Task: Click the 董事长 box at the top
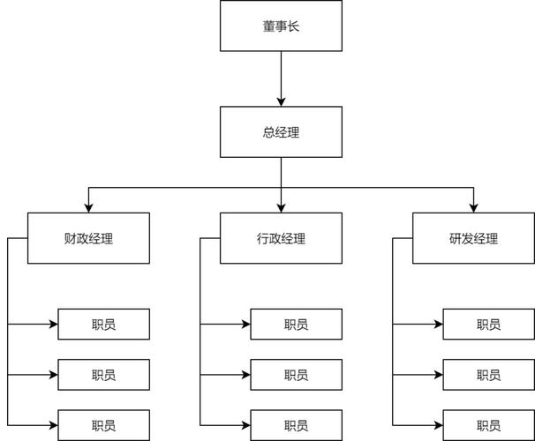[x=281, y=26]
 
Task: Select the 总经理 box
[x=281, y=132]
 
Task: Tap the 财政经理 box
[x=88, y=238]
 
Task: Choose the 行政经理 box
[x=281, y=238]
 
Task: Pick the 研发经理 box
[x=473, y=238]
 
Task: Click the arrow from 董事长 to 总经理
[x=281, y=79]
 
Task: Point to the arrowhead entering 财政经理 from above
[x=88, y=207]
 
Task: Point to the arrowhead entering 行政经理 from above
[x=281, y=207]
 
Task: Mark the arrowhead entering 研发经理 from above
[x=473, y=207]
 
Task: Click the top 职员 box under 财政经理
[x=103, y=325]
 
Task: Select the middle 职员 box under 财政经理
[x=103, y=375]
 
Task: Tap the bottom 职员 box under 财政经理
[x=103, y=425]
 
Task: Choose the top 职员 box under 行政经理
[x=296, y=325]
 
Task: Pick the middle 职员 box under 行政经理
[x=296, y=375]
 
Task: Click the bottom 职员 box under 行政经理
[x=296, y=425]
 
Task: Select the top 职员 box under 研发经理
[x=488, y=325]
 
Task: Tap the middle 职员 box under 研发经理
[x=488, y=375]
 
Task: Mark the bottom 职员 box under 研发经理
[x=488, y=425]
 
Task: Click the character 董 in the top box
[x=268, y=26]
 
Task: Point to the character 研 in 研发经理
[x=455, y=238]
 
